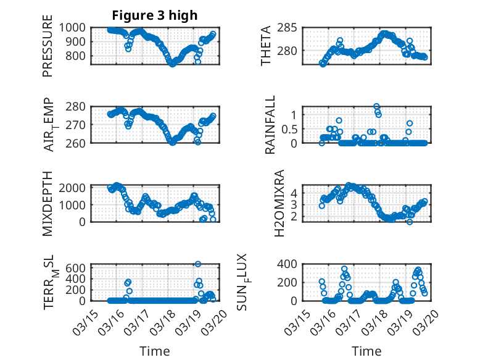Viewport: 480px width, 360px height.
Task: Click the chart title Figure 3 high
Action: pos(154,15)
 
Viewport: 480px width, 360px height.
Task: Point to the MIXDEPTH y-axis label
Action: pos(48,203)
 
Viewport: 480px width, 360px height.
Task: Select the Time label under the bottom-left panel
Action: pos(154,351)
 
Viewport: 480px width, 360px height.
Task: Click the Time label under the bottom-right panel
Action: pos(366,351)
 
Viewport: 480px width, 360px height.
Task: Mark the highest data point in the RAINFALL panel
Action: pos(376,106)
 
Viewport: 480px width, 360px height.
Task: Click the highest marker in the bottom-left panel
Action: pos(198,264)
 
